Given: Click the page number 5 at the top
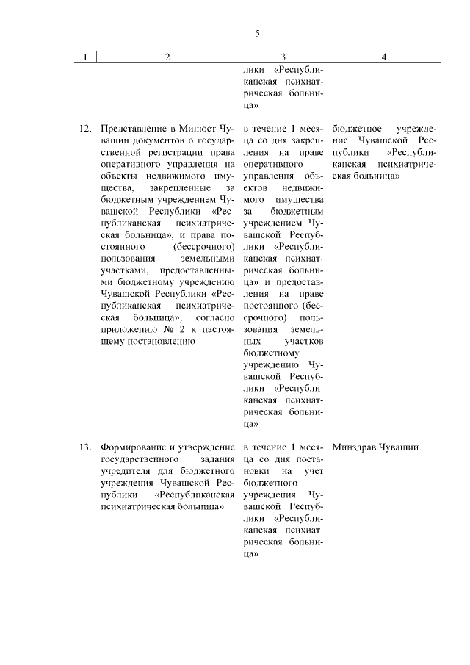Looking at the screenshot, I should pos(257,33).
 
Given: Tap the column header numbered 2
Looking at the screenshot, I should pos(167,57).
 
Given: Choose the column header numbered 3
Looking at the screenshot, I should pos(283,57).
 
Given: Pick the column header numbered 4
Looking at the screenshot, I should pos(384,57).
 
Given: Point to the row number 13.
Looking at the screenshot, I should pos(84,447).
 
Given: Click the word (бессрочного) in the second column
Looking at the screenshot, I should pos(210,247).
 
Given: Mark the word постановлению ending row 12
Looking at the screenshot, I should pos(162,342).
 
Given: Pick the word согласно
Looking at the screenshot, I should pos(215,317).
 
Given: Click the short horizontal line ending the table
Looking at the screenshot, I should pos(257,593).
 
